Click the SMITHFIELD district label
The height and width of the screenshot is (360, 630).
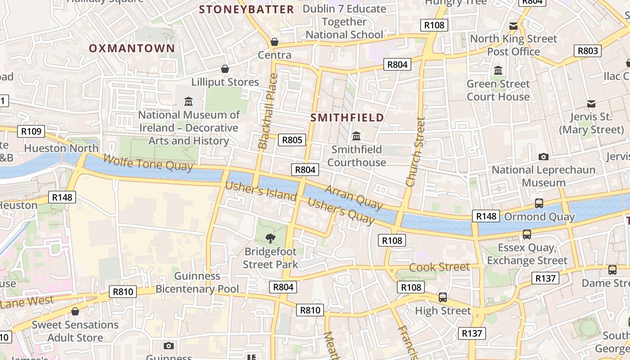click(347, 117)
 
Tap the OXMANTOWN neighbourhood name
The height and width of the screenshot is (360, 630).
click(132, 48)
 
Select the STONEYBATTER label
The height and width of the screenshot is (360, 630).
click(247, 9)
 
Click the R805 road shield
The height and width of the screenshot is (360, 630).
click(292, 140)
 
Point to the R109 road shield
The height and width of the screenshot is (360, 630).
click(31, 131)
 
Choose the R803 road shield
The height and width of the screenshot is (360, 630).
click(588, 51)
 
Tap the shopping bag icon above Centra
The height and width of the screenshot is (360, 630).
click(274, 42)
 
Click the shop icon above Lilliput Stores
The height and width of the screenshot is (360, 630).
click(225, 69)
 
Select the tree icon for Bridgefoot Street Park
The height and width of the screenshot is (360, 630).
click(270, 238)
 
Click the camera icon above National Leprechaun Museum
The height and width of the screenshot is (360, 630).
click(543, 157)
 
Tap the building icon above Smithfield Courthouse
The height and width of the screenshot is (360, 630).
click(356, 136)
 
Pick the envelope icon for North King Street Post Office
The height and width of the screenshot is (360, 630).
click(513, 26)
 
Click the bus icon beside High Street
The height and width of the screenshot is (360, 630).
click(443, 297)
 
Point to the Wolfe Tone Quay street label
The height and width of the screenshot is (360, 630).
click(148, 162)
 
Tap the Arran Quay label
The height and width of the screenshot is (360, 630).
click(354, 197)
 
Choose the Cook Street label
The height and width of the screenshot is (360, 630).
click(439, 267)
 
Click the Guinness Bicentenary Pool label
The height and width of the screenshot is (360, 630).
click(197, 282)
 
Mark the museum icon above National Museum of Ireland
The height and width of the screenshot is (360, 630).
click(189, 101)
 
